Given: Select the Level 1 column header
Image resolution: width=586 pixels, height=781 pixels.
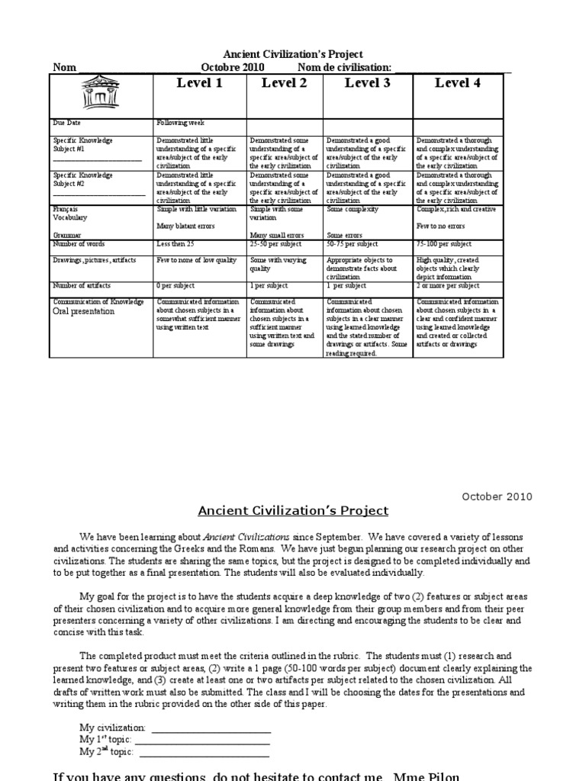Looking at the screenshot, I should pos(199,83).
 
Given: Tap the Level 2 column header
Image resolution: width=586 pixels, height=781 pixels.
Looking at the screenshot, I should pos(284,83).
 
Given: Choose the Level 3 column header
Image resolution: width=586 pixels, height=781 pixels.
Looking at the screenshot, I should pos(367,83).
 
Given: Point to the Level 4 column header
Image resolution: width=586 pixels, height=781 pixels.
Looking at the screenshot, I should pos(457,83).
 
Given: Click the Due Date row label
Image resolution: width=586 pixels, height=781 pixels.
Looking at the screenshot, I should pos(67,123).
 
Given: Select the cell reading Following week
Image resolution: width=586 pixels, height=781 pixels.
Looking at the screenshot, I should pos(181,123).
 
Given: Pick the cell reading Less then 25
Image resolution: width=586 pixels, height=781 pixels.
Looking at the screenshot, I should pos(176,244).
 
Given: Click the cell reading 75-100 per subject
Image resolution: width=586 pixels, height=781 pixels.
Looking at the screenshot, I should pos(444,244).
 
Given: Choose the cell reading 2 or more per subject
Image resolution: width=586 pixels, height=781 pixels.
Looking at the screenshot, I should pos(448,286).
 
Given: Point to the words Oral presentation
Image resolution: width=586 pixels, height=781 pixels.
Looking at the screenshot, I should pos(84,312).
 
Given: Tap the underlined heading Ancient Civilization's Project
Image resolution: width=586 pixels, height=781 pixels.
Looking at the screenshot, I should pos(293,511).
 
